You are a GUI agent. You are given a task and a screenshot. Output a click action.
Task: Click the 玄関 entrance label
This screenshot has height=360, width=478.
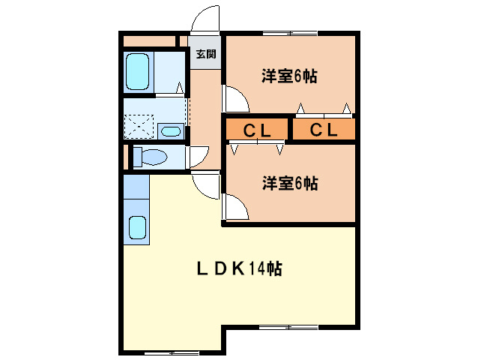(206, 54)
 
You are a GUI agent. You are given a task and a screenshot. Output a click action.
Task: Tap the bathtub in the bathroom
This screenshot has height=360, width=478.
(138, 72)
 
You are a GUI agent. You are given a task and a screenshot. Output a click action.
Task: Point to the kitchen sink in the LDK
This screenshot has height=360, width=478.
(137, 227)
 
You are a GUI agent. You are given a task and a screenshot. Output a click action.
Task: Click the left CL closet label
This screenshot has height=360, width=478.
(255, 130)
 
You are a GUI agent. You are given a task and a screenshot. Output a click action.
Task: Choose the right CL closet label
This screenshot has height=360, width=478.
(324, 130)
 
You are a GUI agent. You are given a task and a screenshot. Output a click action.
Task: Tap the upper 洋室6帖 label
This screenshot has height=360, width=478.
(288, 76)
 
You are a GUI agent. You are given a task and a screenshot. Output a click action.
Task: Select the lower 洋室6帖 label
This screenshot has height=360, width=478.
(288, 182)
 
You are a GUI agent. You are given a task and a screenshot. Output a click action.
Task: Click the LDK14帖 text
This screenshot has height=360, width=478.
(239, 268)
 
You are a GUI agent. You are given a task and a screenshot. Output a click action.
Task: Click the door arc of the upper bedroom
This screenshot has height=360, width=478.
(233, 97)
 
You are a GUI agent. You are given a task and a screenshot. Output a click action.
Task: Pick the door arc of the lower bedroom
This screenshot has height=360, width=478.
(234, 205)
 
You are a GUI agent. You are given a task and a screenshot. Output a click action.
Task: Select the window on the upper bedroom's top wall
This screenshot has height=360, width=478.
(289, 33)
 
